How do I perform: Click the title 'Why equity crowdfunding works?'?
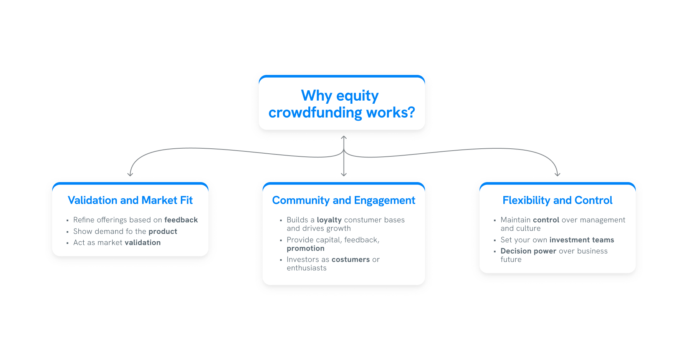pyautogui.click(x=342, y=104)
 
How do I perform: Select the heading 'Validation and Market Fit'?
pyautogui.click(x=130, y=200)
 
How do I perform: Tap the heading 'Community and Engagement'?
pyautogui.click(x=344, y=200)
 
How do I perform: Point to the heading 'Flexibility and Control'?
pyautogui.click(x=557, y=200)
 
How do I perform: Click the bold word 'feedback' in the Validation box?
pyautogui.click(x=181, y=220)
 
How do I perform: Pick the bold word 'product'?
pyautogui.click(x=163, y=231)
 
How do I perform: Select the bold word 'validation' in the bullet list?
pyautogui.click(x=142, y=242)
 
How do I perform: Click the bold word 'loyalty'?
pyautogui.click(x=329, y=220)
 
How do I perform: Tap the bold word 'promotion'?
pyautogui.click(x=306, y=248)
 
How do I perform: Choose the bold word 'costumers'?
pyautogui.click(x=351, y=259)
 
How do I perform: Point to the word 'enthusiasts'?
pyautogui.click(x=306, y=268)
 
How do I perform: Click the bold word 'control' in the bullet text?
pyautogui.click(x=546, y=220)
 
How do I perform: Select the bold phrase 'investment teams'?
pyautogui.click(x=582, y=240)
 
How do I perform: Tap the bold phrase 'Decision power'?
pyautogui.click(x=528, y=251)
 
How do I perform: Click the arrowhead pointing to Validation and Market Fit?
pyautogui.click(x=130, y=174)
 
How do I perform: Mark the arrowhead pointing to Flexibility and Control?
pyautogui.click(x=557, y=174)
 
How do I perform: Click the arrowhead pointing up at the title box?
pyautogui.click(x=344, y=137)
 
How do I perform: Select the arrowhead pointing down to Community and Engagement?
pyautogui.click(x=344, y=174)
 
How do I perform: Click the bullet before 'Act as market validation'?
pyautogui.click(x=68, y=243)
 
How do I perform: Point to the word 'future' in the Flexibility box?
pyautogui.click(x=511, y=259)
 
